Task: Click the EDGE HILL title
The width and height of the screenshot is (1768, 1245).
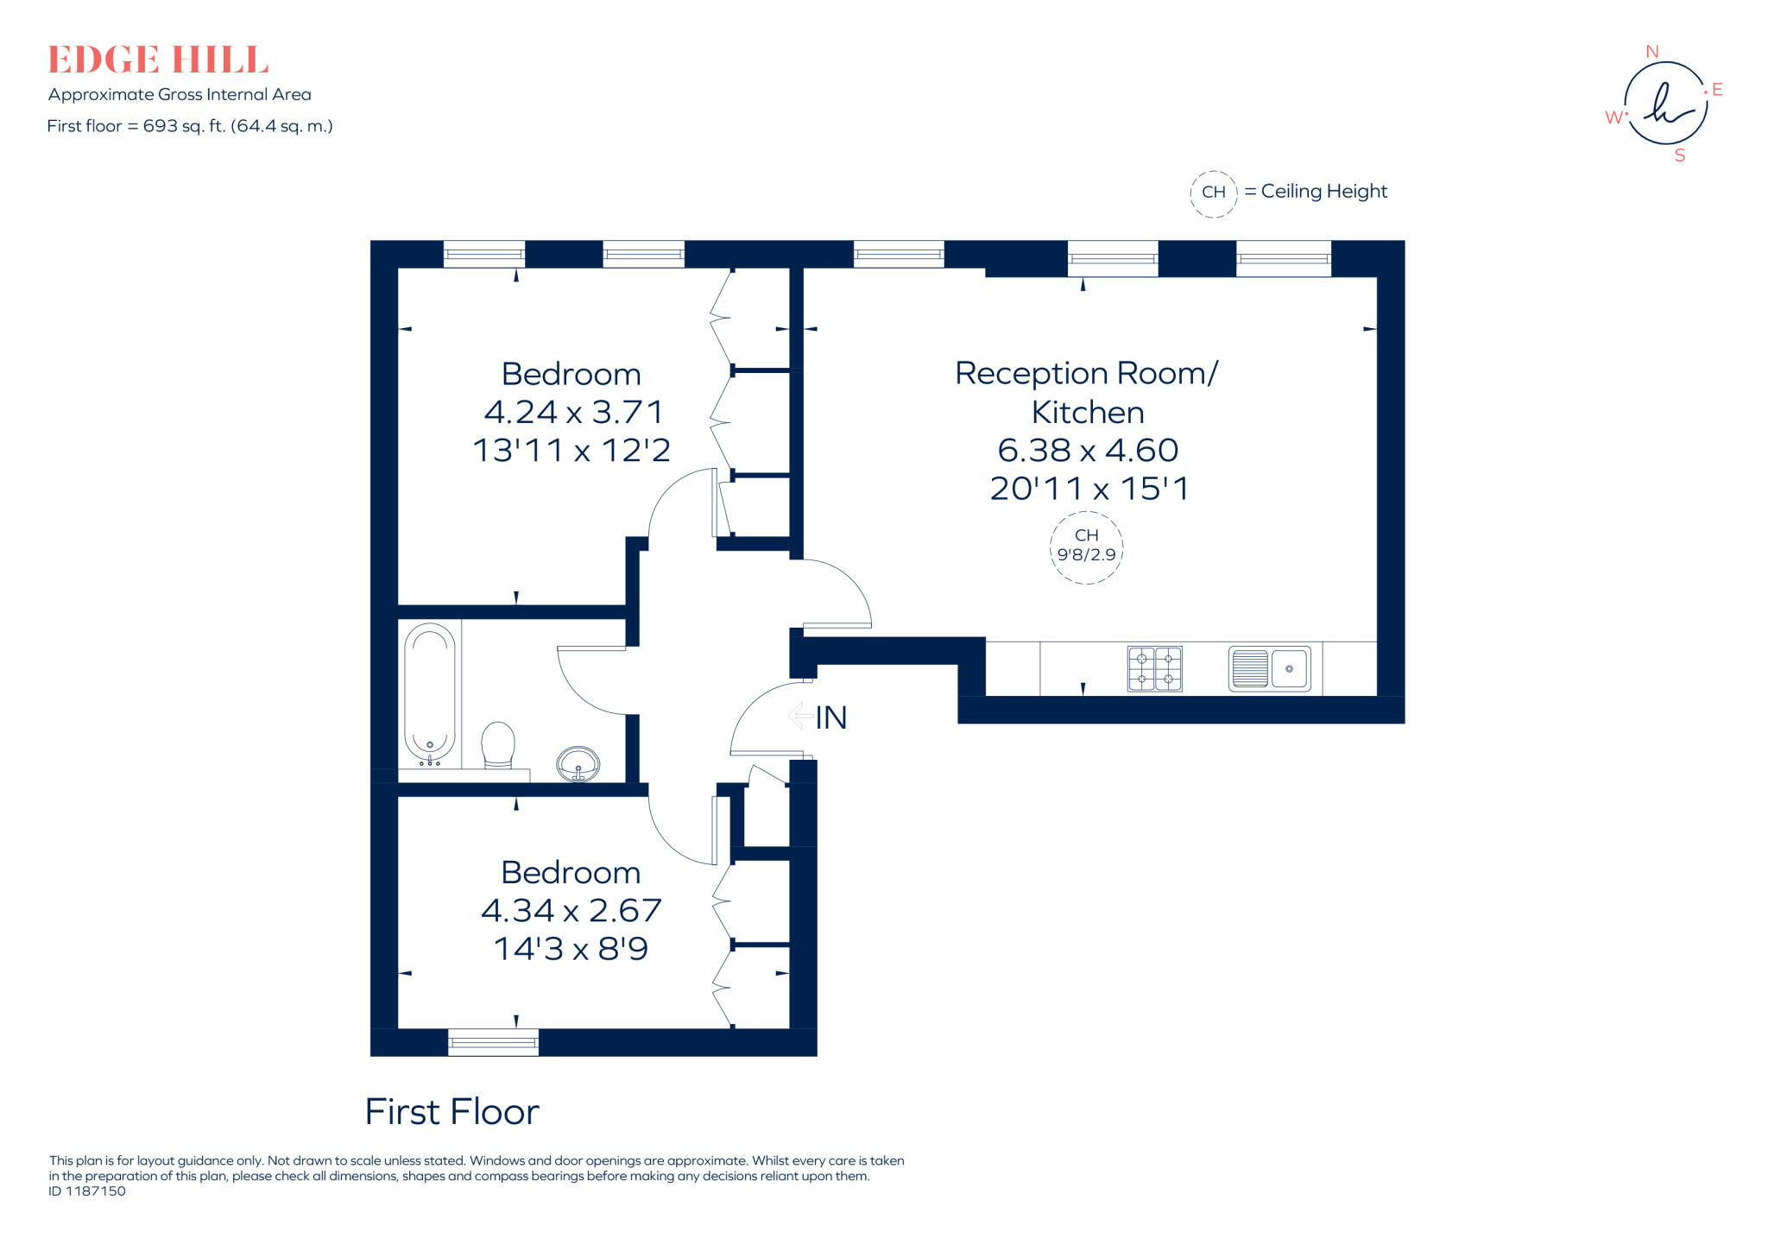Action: [x=158, y=60]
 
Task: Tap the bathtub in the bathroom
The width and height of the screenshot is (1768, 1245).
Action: [x=430, y=691]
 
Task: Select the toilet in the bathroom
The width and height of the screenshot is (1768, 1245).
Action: [x=498, y=744]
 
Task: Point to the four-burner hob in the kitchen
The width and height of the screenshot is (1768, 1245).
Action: [x=1154, y=668]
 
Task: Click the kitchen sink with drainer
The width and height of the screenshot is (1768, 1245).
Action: [x=1269, y=668]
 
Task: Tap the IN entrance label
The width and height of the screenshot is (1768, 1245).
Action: [x=830, y=717]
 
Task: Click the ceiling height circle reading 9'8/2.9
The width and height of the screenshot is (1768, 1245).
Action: [x=1086, y=547]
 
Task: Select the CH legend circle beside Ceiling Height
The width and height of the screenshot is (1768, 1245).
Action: [x=1214, y=193]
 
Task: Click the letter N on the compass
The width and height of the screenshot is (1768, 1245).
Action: [x=1652, y=52]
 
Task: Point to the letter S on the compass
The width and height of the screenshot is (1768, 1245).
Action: [x=1679, y=156]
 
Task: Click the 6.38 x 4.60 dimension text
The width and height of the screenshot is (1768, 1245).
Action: [x=1088, y=450]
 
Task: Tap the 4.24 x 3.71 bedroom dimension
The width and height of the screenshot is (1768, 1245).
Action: [x=572, y=412]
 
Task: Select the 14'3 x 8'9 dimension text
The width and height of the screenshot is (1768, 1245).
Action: [x=571, y=949]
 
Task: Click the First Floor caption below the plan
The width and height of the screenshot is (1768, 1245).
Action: [x=451, y=1111]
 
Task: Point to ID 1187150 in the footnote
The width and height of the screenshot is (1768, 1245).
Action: [x=87, y=1191]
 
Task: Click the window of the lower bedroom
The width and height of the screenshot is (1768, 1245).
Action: [x=493, y=1042]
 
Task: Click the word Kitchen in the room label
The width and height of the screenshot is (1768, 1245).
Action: [x=1088, y=413]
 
